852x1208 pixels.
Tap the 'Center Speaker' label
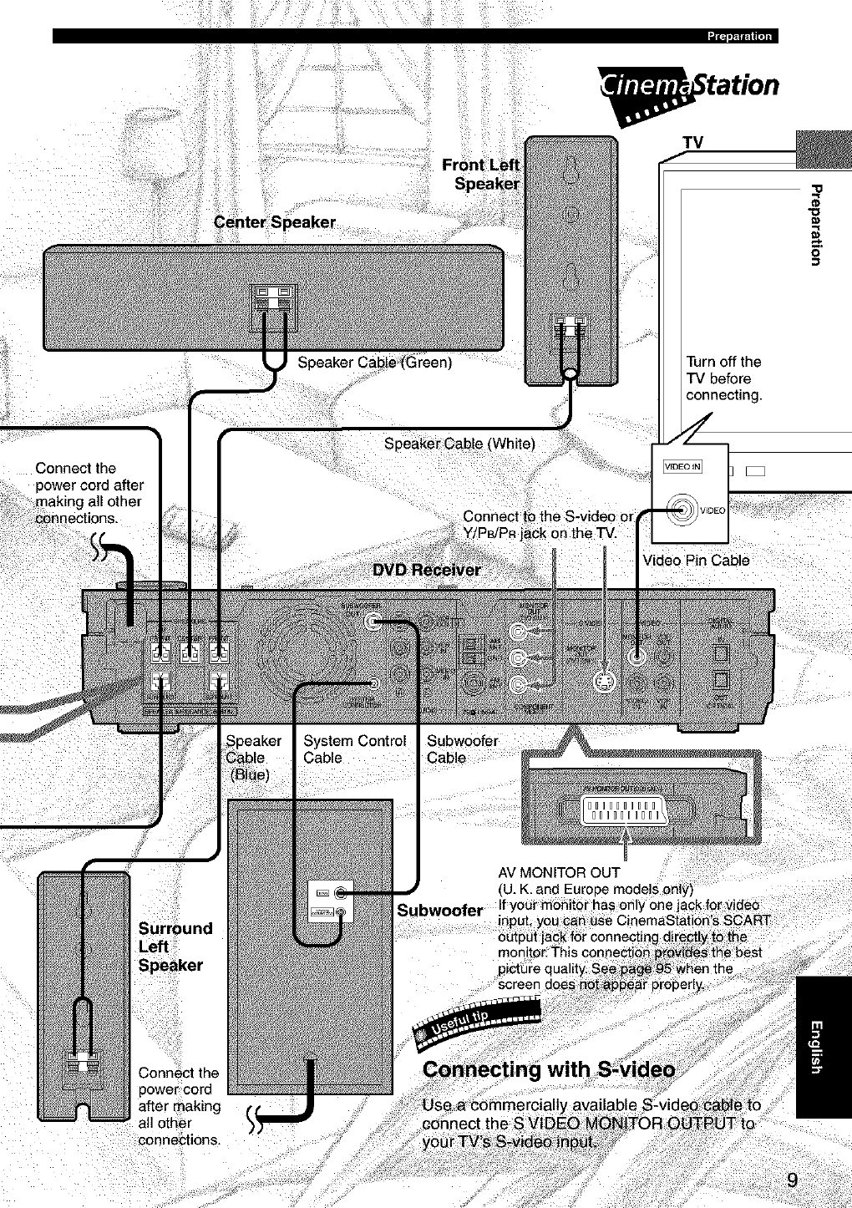point(275,222)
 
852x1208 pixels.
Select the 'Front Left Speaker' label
point(481,174)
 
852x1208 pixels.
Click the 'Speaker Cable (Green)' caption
point(375,363)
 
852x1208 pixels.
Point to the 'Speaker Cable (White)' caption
point(459,444)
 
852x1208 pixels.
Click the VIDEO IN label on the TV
point(682,466)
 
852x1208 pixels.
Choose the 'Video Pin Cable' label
point(696,560)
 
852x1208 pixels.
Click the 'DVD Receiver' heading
point(426,571)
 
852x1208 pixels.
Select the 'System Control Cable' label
point(354,749)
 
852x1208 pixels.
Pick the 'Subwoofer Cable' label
point(462,749)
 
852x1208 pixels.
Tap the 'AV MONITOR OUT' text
point(558,874)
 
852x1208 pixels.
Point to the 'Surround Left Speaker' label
point(175,947)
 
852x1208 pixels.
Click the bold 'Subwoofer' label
point(440,910)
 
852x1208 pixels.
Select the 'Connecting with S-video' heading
point(549,1070)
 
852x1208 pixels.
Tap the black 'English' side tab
point(824,1046)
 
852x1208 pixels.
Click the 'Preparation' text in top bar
point(739,36)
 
